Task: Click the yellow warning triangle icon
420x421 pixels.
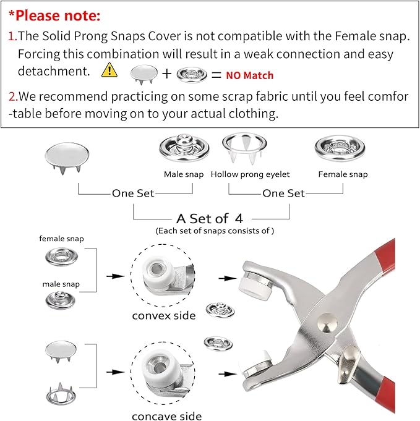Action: [x=109, y=70]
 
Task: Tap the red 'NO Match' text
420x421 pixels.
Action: [x=249, y=76]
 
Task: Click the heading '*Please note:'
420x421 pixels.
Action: [x=54, y=15]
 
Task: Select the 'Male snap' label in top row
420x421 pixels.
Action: [x=184, y=174]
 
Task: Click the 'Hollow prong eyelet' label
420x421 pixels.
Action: [x=250, y=174]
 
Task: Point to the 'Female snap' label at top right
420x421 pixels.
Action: [x=343, y=174]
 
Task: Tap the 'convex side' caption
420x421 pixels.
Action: [x=164, y=316]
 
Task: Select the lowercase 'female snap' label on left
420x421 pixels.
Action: [x=61, y=239]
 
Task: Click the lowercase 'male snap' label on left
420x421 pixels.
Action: [x=61, y=284]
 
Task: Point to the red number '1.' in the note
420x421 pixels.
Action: [x=12, y=36]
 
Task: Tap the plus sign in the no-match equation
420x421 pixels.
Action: [x=167, y=75]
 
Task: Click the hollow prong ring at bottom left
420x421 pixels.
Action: [x=61, y=393]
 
